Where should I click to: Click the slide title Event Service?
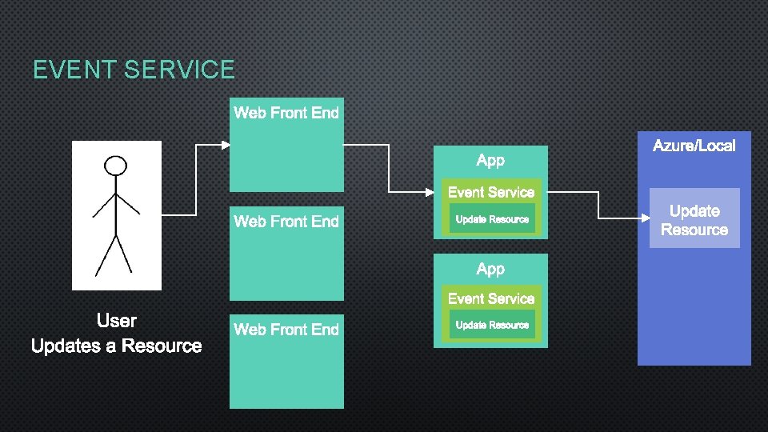(134, 70)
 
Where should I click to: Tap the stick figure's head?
(117, 166)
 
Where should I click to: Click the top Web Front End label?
(286, 113)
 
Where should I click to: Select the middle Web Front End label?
(286, 221)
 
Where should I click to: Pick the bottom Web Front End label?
(286, 329)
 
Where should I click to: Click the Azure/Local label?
(694, 146)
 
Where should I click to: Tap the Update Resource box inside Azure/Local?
(694, 218)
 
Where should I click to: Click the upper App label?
(490, 160)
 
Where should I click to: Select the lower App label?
(490, 269)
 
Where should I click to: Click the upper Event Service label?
(490, 192)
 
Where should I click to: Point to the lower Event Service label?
(490, 298)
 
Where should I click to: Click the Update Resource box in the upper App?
(492, 218)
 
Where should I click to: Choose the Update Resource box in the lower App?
(492, 325)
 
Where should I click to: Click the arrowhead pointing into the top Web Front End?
(225, 145)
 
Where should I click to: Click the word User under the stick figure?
(117, 321)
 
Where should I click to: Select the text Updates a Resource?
(117, 346)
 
